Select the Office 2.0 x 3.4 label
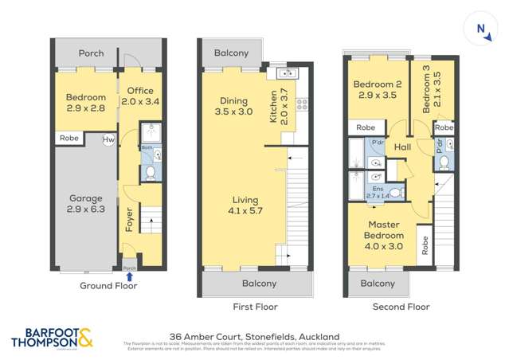pos(137,96)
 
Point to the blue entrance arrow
pos(130,276)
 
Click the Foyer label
pos(130,219)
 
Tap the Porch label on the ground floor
pos(91,53)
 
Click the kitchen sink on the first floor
pos(285,74)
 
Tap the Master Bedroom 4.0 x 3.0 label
pos(383,230)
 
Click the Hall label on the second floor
pos(402,147)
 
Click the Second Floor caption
pos(401,307)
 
